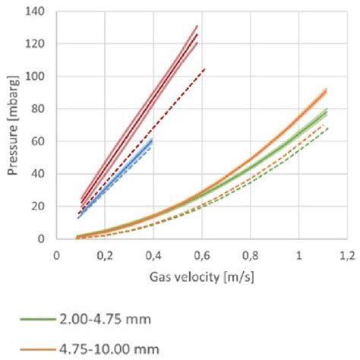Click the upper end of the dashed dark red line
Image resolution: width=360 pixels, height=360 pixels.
coord(205,68)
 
